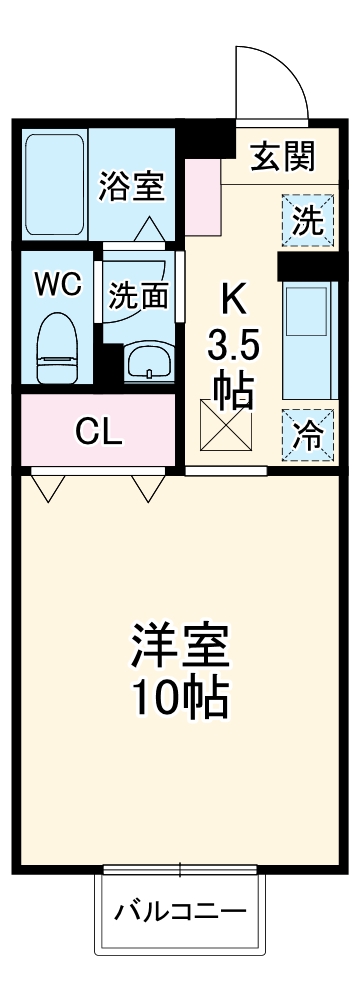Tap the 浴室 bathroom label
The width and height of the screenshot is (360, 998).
click(131, 185)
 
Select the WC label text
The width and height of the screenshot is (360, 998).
click(58, 284)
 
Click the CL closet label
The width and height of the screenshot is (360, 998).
click(100, 432)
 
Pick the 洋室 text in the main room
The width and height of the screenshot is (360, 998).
click(180, 647)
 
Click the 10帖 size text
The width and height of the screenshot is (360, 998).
click(180, 697)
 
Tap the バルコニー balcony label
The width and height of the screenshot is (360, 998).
click(180, 912)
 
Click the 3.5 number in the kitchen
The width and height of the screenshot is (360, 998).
click(234, 347)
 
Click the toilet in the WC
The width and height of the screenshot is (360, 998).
click(57, 347)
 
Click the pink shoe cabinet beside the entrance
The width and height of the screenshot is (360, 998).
click(202, 195)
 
